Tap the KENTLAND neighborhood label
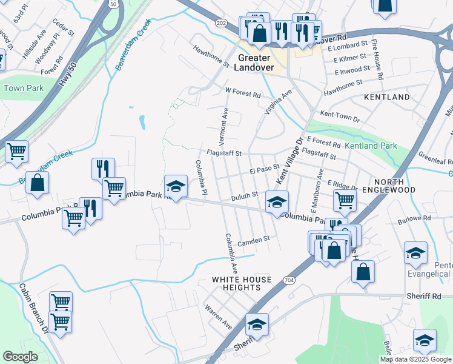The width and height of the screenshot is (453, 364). coord(386,97)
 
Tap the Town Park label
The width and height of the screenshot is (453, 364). coord(24,88)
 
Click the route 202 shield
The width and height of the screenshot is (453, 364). coord(222,22)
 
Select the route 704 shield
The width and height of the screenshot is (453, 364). coord(289,280)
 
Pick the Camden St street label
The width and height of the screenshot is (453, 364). coord(253,241)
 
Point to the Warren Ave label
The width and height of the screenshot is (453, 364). coord(219,317)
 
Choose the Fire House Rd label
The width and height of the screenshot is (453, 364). coord(377,60)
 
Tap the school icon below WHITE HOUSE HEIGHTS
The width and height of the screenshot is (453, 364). coord(257,325)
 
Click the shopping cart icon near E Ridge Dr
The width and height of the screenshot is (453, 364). coord(345,200)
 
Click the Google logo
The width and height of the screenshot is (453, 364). coord(20,357)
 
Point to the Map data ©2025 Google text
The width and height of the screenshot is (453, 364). coord(415,359)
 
